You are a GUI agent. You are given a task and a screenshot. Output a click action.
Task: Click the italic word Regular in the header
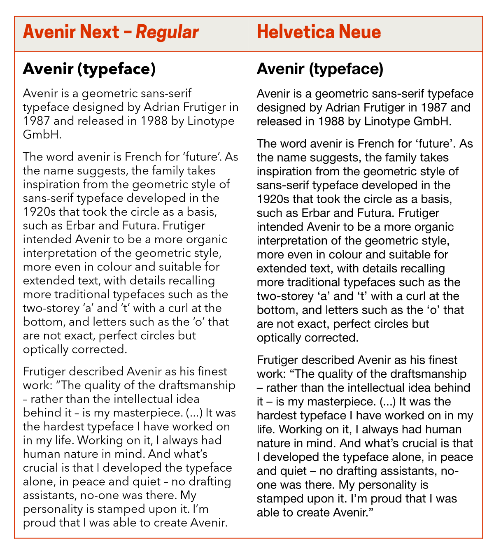click(x=167, y=32)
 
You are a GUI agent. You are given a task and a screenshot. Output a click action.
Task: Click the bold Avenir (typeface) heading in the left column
click(x=89, y=69)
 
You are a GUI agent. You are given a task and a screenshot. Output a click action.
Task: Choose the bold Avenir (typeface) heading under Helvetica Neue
click(x=320, y=69)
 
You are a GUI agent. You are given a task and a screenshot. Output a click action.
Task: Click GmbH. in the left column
click(x=42, y=135)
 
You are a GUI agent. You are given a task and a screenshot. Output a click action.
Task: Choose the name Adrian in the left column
click(x=161, y=108)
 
